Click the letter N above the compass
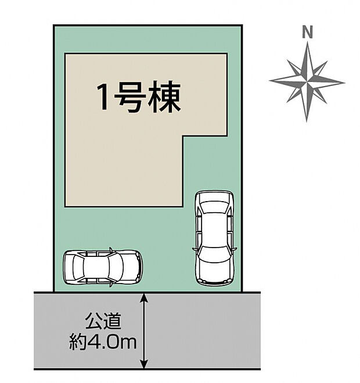[307, 33]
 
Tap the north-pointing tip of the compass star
[307, 43]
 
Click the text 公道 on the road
[105, 321]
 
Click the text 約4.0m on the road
[105, 342]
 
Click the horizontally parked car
[102, 267]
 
